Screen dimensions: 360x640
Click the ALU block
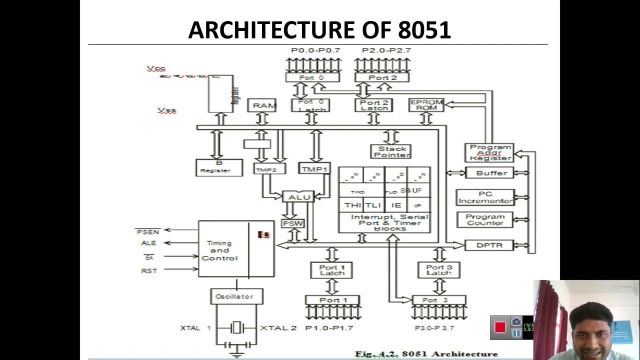299,197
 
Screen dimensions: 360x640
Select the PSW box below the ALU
293,223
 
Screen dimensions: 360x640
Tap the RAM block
264,105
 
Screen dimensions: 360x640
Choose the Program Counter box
484,219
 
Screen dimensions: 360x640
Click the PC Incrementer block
485,197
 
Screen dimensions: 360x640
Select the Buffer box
491,173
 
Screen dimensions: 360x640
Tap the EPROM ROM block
426,104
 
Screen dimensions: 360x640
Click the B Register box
218,167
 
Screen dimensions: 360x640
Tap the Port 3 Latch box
438,270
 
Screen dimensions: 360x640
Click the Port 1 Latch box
331,270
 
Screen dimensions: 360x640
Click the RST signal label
148,270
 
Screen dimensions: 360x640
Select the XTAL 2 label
278,328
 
